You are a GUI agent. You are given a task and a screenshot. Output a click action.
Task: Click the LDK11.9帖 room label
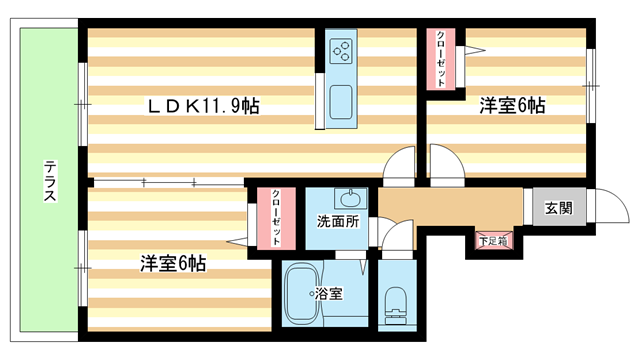(x=204, y=105)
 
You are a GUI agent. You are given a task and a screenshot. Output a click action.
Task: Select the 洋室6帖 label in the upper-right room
(x=511, y=105)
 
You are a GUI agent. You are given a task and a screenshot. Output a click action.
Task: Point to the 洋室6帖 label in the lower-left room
(x=172, y=264)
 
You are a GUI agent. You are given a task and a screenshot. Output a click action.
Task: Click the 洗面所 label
(x=338, y=221)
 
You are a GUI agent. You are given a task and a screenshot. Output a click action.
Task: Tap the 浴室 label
(x=329, y=293)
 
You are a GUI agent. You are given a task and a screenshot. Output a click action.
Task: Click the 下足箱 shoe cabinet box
(x=491, y=240)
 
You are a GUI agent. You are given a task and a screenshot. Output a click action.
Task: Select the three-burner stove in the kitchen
(x=341, y=50)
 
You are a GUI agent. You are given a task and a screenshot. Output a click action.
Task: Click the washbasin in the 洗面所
(x=351, y=196)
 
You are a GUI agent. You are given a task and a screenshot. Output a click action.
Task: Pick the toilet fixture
(x=395, y=302)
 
